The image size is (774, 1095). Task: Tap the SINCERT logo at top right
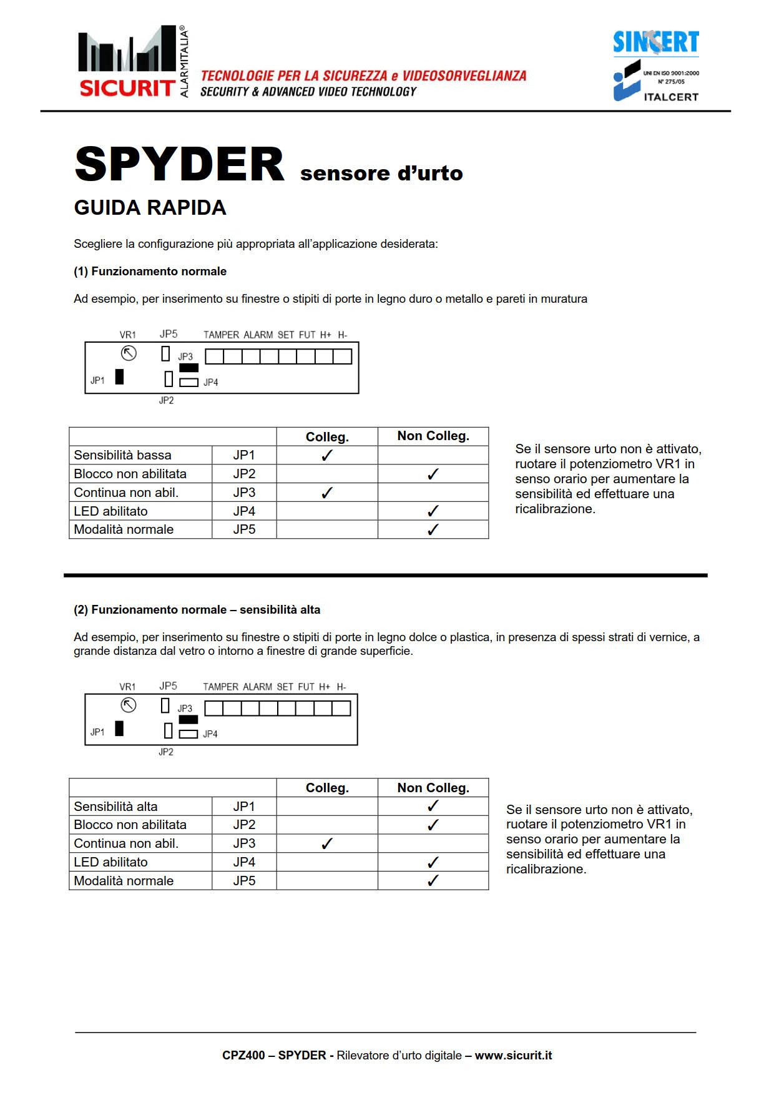(655, 42)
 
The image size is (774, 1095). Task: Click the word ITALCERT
(671, 97)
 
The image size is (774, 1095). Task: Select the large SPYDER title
(180, 164)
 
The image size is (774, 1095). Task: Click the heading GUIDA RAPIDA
(150, 208)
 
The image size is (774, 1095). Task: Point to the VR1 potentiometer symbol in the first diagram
(129, 353)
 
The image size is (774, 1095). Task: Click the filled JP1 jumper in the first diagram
(119, 376)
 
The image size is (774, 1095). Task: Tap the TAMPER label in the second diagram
(221, 687)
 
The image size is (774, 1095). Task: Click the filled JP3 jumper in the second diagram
(188, 719)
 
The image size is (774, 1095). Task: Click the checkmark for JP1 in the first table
(327, 455)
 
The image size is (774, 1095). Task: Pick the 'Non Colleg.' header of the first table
(433, 436)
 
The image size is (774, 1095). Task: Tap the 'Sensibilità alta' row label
(115, 807)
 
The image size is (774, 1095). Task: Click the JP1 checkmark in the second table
(433, 806)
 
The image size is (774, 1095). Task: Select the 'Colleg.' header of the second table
(327, 788)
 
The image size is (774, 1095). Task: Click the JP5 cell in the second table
(244, 881)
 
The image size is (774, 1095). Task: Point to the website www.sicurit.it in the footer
(513, 1055)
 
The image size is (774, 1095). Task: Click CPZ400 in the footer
(243, 1055)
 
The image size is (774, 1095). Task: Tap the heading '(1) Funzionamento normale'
(150, 272)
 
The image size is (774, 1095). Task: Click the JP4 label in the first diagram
(211, 382)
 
